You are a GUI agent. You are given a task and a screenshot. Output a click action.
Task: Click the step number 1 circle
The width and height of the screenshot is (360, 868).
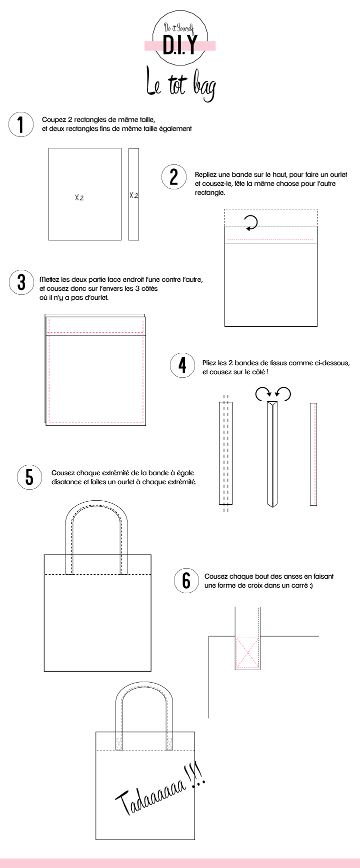pyautogui.click(x=20, y=124)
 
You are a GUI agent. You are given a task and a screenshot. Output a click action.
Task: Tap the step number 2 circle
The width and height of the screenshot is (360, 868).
pyautogui.click(x=173, y=177)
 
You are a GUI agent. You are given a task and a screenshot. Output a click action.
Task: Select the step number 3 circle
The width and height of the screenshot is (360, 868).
pyautogui.click(x=21, y=282)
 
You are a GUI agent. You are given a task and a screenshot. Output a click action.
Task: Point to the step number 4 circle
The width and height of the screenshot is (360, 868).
pyautogui.click(x=182, y=365)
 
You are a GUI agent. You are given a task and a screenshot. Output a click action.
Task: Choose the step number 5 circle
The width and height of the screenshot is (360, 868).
pyautogui.click(x=29, y=477)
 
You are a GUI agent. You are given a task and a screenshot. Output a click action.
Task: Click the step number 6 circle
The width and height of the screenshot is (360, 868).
pyautogui.click(x=186, y=581)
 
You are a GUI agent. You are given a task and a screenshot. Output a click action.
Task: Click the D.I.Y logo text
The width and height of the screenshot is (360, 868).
pyautogui.click(x=180, y=44)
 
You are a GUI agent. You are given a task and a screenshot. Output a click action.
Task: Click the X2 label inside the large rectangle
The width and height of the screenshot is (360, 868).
pyautogui.click(x=79, y=197)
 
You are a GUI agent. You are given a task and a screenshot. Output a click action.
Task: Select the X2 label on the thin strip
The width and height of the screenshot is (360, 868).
pyautogui.click(x=133, y=195)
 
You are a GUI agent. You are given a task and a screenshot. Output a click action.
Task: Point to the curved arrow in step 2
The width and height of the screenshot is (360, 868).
pyautogui.click(x=251, y=223)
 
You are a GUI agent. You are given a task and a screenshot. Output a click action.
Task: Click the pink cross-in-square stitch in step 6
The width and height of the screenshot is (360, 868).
pyautogui.click(x=247, y=652)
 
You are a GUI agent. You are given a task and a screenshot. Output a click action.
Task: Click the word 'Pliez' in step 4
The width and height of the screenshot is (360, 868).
pyautogui.click(x=210, y=363)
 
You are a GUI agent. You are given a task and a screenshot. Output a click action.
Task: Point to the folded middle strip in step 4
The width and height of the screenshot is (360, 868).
pyautogui.click(x=272, y=454)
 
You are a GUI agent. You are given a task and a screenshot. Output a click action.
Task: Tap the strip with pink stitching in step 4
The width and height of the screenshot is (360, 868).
pyautogui.click(x=313, y=454)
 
